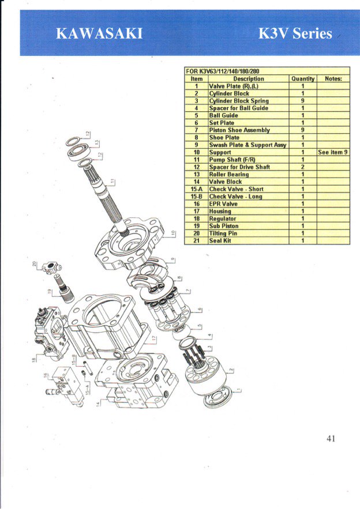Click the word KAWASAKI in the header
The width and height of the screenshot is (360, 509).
99,34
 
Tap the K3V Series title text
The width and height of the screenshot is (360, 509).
296,33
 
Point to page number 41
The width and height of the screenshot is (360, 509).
331,438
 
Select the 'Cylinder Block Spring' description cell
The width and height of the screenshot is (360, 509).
238,100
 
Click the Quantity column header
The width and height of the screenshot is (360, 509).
303,78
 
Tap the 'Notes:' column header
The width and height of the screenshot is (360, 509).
333,78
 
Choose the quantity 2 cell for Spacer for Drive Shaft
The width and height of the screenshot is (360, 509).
303,167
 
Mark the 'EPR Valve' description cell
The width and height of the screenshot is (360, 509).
223,203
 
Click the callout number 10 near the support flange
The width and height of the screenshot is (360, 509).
171,235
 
